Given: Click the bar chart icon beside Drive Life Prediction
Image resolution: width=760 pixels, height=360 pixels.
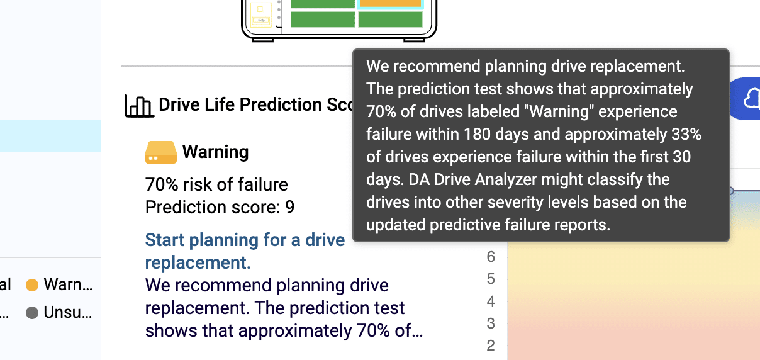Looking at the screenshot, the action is [140, 106].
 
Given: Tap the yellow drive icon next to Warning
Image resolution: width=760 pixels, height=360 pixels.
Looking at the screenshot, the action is [161, 152].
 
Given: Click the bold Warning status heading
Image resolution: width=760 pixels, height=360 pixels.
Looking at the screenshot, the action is [215, 152].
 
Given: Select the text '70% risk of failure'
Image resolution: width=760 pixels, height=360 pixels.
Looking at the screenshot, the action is [216, 184].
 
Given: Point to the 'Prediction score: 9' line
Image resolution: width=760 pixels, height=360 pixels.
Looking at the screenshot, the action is [220, 207].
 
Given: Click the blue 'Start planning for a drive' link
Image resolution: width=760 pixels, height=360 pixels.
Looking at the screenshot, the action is [245, 240].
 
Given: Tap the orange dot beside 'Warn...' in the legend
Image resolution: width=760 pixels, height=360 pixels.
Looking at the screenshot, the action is [32, 285].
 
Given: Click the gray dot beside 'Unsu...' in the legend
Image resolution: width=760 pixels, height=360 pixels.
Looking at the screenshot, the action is [32, 313].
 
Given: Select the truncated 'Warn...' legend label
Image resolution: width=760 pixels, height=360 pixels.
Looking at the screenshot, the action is [68, 284].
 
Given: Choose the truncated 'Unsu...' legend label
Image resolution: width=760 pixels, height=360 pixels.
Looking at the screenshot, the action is [68, 312].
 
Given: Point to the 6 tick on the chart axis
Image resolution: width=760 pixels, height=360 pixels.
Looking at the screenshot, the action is [491, 257].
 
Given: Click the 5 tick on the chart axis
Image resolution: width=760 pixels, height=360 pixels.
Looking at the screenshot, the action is [491, 279].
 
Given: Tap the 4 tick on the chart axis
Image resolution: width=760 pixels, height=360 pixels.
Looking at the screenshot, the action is [491, 301].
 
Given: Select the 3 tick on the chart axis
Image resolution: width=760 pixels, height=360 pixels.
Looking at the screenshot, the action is [491, 323].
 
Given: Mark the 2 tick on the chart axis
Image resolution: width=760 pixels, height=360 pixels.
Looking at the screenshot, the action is [491, 346].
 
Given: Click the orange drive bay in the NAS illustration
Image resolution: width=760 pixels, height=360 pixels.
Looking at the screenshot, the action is [390, 3].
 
